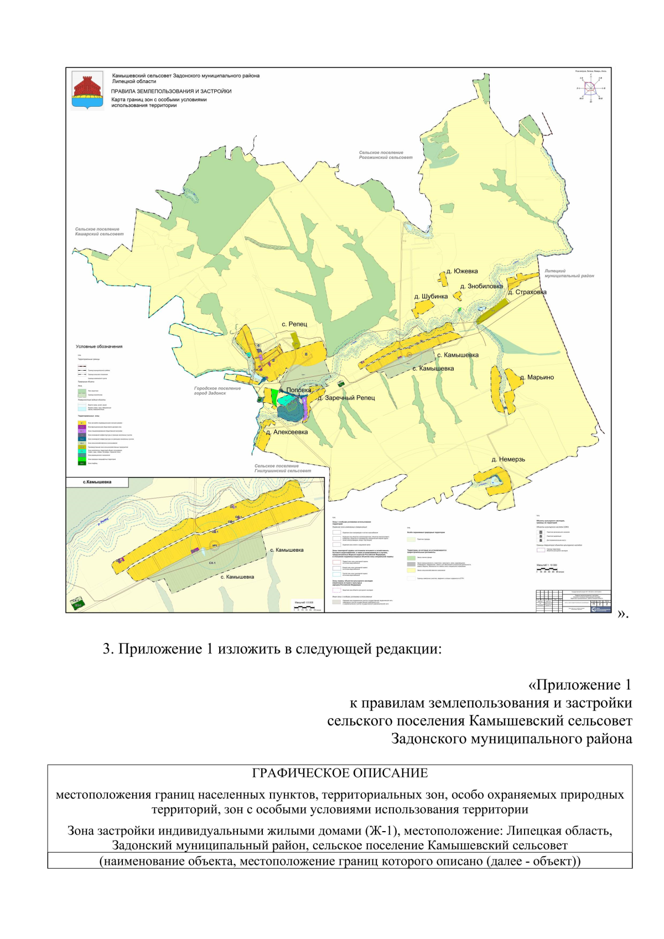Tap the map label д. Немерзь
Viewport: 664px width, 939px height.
[x=508, y=459]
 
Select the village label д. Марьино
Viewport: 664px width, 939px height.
[x=537, y=377]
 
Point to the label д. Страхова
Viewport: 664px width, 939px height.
[x=527, y=292]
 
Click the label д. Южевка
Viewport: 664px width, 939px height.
[x=462, y=271]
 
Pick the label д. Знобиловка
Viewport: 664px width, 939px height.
[x=481, y=286]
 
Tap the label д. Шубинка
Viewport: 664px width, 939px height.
[x=431, y=297]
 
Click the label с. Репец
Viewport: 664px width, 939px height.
[x=294, y=324]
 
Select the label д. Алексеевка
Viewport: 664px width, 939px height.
[x=287, y=432]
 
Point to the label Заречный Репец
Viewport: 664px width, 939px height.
[x=346, y=398]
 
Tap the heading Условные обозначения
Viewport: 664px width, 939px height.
[x=99, y=346]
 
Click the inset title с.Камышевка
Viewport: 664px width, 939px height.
[x=97, y=482]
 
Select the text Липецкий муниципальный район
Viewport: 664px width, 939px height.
[x=569, y=273]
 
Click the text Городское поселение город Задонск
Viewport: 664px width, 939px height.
[x=217, y=391]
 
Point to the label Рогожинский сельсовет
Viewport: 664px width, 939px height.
[x=386, y=158]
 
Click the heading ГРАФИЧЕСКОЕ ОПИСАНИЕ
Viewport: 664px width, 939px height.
[x=340, y=773]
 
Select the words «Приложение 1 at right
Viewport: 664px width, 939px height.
[x=580, y=685]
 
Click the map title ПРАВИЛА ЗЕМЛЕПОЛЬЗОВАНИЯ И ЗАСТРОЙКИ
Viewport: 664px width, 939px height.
[x=171, y=91]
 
